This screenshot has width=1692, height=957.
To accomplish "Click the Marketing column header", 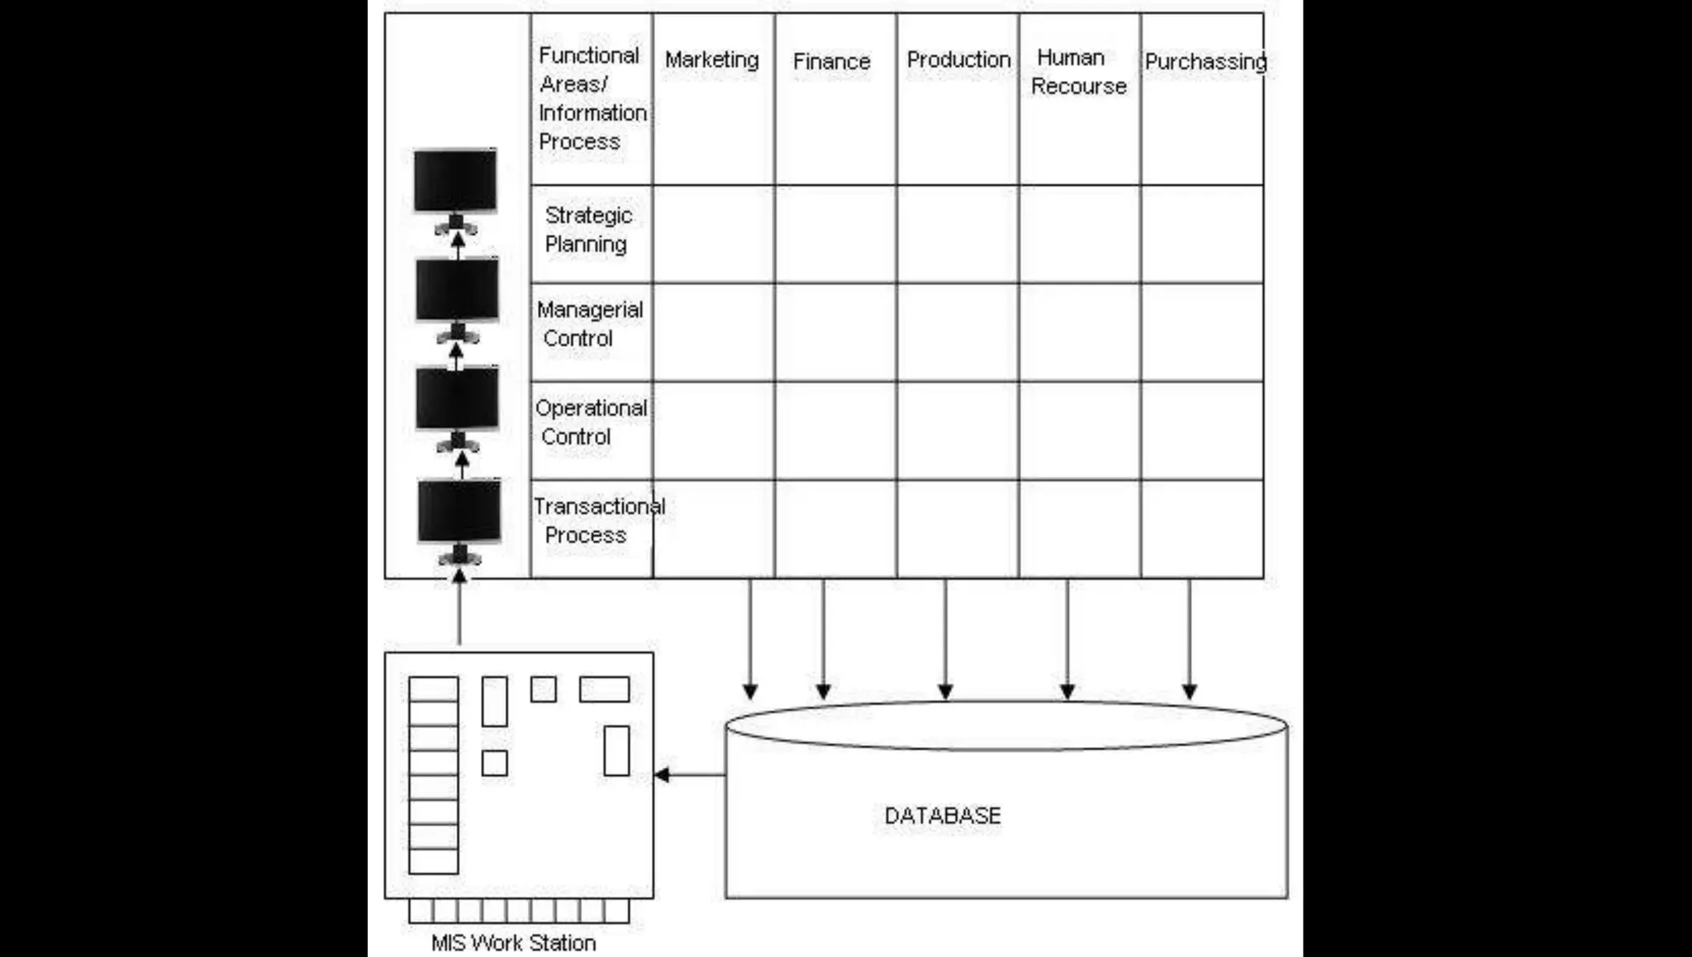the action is (711, 60).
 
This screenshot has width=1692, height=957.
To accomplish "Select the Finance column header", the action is (831, 62).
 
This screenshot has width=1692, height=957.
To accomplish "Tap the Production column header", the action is (958, 60).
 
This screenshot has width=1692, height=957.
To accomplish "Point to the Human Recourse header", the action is (1078, 72).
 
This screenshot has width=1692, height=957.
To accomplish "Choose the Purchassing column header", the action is (1205, 62).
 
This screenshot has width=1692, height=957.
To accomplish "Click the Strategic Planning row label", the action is (588, 230).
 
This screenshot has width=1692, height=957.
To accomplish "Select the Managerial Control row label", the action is (589, 324).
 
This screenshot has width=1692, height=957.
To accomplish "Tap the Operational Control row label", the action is (591, 422).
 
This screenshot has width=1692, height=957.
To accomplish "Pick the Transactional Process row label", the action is (598, 521).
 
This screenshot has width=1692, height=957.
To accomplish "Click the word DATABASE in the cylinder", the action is (943, 817).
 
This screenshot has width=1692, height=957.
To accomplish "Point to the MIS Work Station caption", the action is (513, 943).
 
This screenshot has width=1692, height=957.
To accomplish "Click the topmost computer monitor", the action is (455, 180).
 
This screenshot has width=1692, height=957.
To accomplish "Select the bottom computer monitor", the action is (459, 512).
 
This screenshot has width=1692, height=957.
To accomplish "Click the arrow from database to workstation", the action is (689, 775).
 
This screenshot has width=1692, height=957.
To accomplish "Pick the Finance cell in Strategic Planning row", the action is (835, 234).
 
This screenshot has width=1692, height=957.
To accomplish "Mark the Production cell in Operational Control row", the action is (958, 431).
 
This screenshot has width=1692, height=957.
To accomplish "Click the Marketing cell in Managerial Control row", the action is (714, 332).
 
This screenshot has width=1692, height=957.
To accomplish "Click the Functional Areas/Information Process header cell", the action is (592, 98).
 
